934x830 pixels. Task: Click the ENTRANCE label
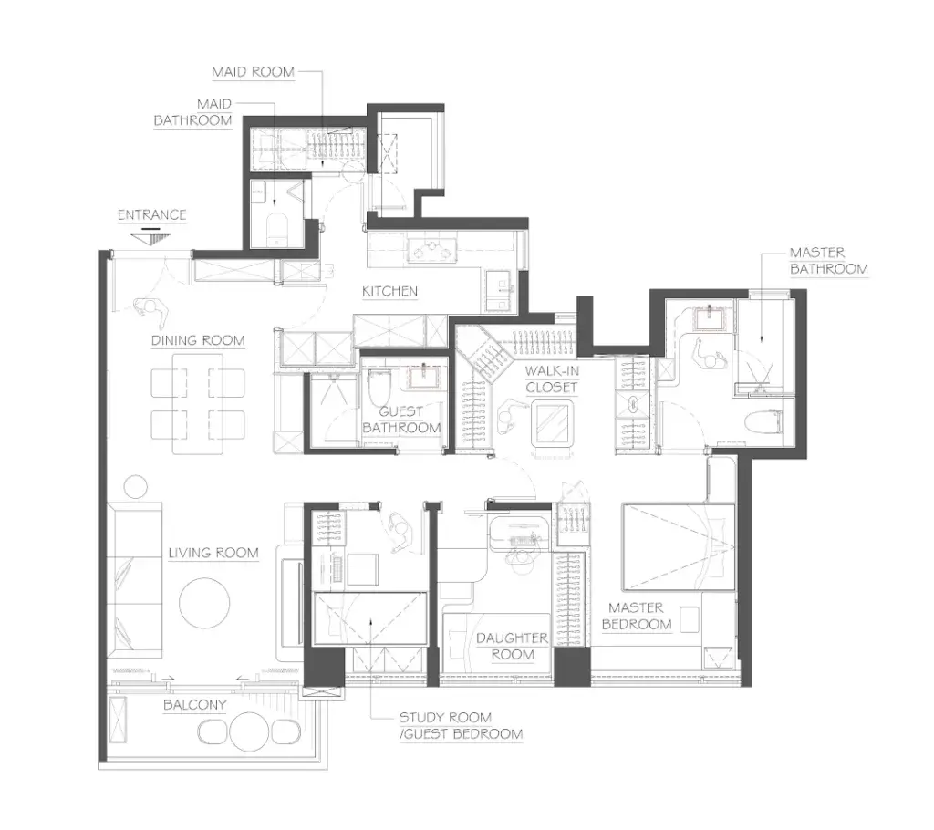[152, 214]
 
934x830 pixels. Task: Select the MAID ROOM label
[254, 72]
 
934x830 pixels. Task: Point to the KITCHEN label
[390, 291]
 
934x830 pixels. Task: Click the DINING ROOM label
[198, 341]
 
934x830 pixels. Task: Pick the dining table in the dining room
[198, 404]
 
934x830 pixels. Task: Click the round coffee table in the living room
[204, 603]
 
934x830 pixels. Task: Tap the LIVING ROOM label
[213, 553]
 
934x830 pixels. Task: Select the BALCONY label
[195, 705]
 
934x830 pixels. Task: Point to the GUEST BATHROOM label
[401, 420]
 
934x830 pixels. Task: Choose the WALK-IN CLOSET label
[552, 379]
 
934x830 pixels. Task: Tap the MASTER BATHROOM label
[828, 261]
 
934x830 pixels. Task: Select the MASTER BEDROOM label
[636, 616]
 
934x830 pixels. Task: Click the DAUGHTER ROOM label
[512, 647]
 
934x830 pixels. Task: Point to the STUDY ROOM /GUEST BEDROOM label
[461, 726]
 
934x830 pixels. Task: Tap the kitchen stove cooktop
[431, 252]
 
